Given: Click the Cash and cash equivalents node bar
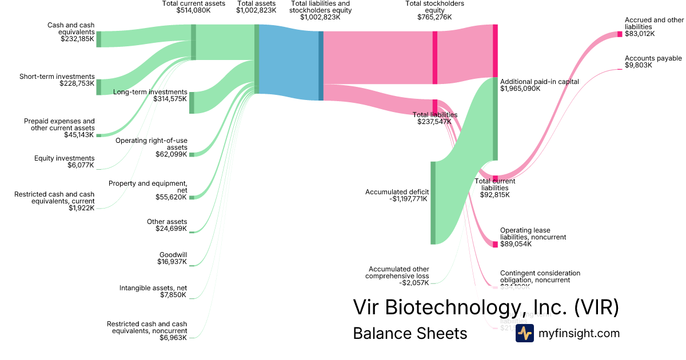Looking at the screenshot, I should coord(98,39).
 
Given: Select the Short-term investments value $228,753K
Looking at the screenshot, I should coord(77,83).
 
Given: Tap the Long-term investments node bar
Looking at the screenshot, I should coord(192,102).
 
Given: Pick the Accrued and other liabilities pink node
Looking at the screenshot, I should coord(620,34).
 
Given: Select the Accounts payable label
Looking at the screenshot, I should coord(653,58).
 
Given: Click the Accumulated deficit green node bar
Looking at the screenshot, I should coord(433,203).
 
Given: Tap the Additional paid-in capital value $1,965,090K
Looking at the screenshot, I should coord(520,89).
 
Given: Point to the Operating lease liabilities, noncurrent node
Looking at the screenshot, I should coord(495,244).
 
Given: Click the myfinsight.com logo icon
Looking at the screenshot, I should coord(524,333).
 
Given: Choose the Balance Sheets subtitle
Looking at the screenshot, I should coord(410,333).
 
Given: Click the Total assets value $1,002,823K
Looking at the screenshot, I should coord(257,10).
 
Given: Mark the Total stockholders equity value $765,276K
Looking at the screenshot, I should coord(434,17).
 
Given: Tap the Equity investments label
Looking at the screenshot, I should coord(65,158).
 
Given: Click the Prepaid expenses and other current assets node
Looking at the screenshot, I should coord(98,135).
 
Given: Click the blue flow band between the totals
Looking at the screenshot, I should coord(289,63).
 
